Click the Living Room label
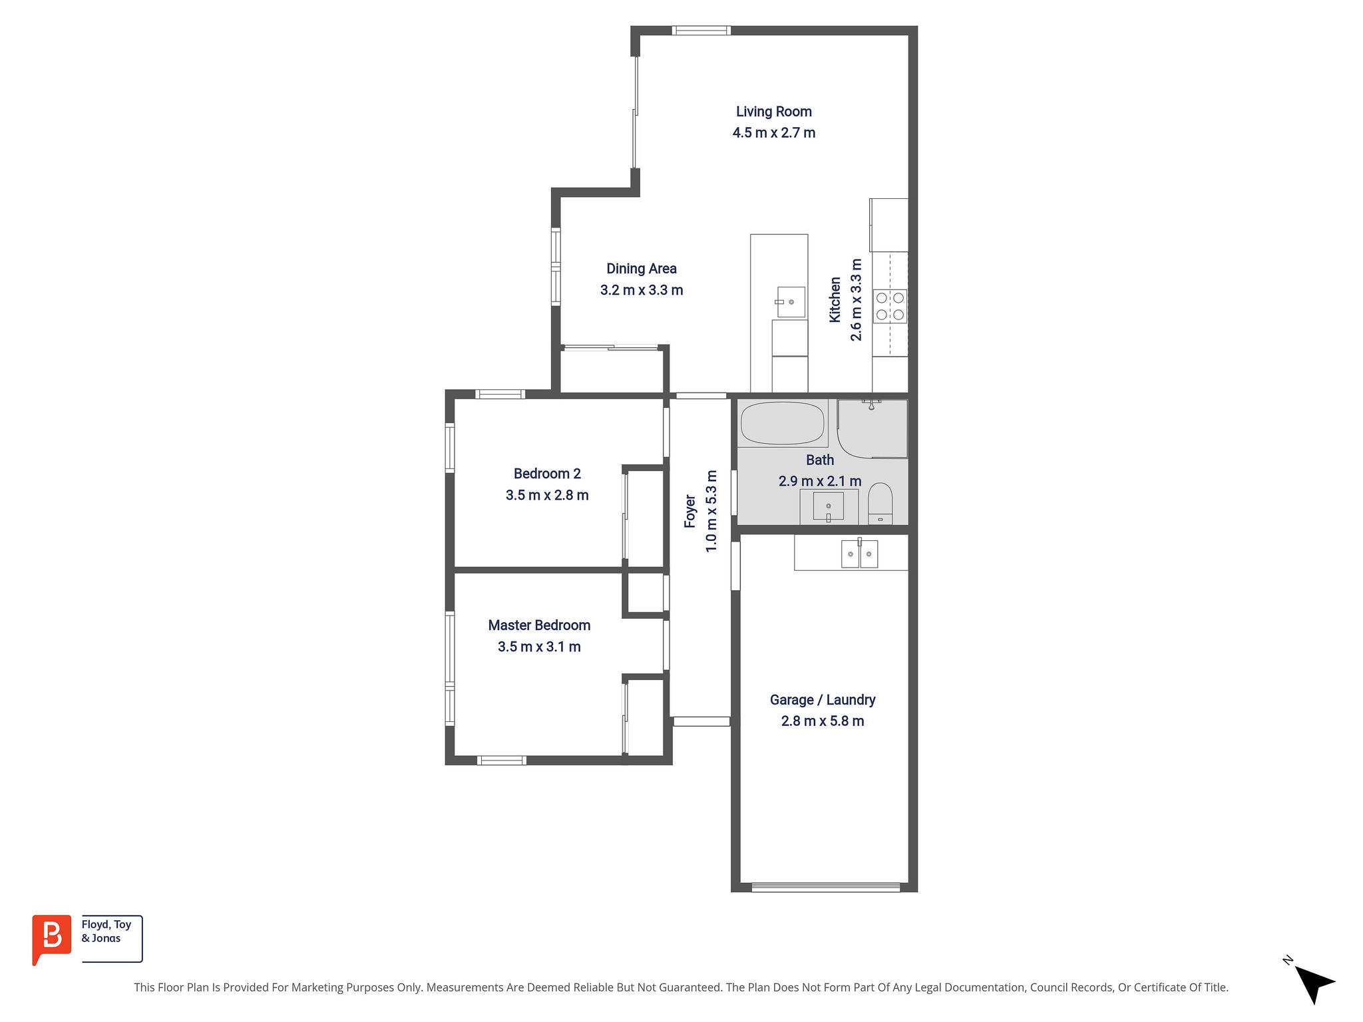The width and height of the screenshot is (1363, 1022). point(773,112)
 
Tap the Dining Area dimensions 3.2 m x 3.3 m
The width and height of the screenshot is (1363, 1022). point(642,290)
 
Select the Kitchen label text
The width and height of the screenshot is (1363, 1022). point(835,300)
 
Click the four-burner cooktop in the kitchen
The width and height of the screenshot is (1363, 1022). point(890,306)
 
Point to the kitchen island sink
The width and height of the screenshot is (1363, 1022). point(791,302)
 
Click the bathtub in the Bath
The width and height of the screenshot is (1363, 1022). point(782,423)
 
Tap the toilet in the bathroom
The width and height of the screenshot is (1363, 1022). point(880,503)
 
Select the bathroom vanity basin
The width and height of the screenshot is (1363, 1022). point(828,506)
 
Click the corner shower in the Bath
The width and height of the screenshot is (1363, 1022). point(872,428)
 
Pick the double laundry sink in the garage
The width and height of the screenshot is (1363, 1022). point(859,554)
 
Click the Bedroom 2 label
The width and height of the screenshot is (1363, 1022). point(547,474)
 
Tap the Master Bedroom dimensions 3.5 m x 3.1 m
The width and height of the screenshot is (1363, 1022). point(539,647)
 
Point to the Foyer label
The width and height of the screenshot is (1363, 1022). point(690,511)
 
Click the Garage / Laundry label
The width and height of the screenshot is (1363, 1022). point(823,700)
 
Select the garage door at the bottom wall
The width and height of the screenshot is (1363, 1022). point(825,887)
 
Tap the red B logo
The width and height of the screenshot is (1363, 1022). point(51,938)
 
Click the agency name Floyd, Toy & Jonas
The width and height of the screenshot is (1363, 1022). point(106,932)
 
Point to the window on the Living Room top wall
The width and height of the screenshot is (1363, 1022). point(701,30)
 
